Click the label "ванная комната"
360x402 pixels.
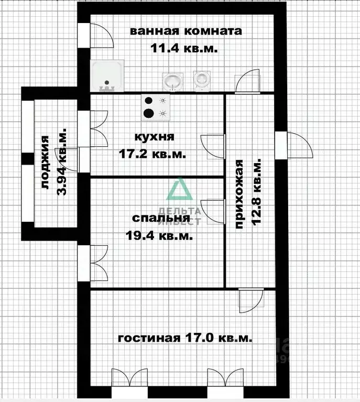(186, 31)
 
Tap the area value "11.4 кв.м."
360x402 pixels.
(184, 48)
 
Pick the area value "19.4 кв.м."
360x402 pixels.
(159, 235)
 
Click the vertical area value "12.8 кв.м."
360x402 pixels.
(257, 195)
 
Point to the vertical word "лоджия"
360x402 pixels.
(45, 162)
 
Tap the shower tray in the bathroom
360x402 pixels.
(108, 75)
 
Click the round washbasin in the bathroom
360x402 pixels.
(171, 81)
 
